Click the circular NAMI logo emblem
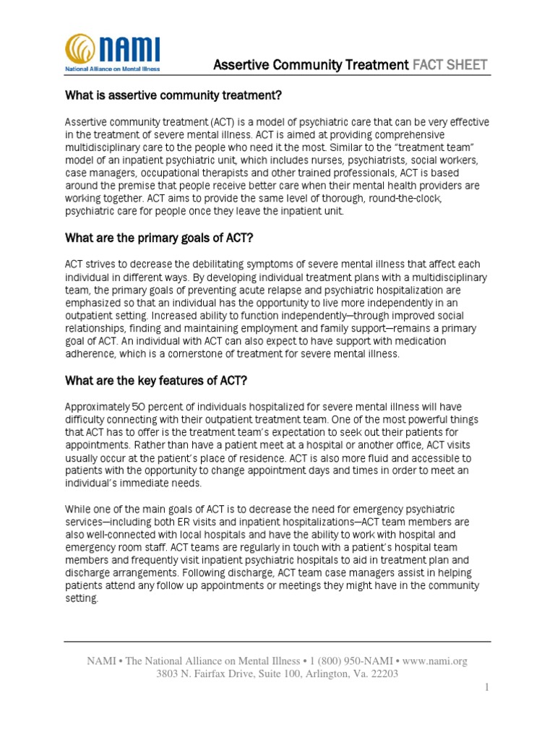(x=80, y=48)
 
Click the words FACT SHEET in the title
(x=449, y=66)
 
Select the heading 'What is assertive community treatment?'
(x=173, y=95)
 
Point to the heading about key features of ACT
(x=157, y=381)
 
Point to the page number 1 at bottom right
(x=487, y=688)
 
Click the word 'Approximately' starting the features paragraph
(x=98, y=406)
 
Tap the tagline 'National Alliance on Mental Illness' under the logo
(x=112, y=69)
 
